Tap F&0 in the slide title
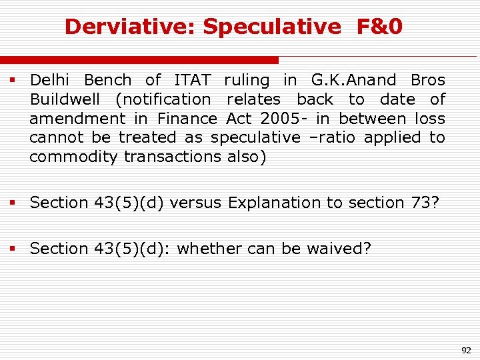click(379, 27)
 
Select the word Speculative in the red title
click(271, 27)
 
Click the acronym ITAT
click(192, 81)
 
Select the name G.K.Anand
click(353, 81)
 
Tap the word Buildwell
click(65, 100)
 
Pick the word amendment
click(77, 119)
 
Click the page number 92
click(465, 349)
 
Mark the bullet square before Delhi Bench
click(12, 81)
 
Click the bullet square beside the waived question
click(12, 249)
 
